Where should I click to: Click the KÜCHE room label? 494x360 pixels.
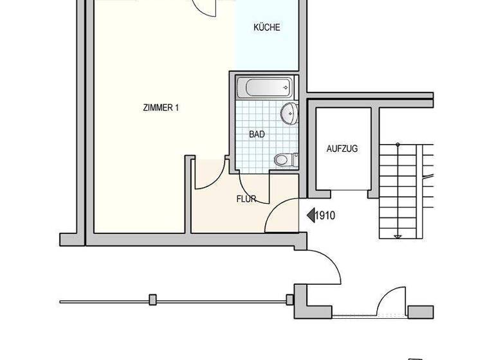[x=266, y=28]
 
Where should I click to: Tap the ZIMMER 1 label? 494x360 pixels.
[x=161, y=108]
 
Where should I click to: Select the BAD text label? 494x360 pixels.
[x=257, y=134]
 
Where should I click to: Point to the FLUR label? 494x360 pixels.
[x=246, y=199]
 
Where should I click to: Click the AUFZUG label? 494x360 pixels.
[x=342, y=148]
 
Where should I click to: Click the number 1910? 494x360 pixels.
[x=325, y=216]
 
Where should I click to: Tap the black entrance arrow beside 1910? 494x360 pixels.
[x=309, y=216]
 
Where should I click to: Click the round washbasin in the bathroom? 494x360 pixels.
[x=288, y=114]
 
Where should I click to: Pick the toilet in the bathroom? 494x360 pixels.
[x=284, y=159]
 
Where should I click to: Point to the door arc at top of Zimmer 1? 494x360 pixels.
[x=206, y=6]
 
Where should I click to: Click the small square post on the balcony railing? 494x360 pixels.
[x=152, y=300]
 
